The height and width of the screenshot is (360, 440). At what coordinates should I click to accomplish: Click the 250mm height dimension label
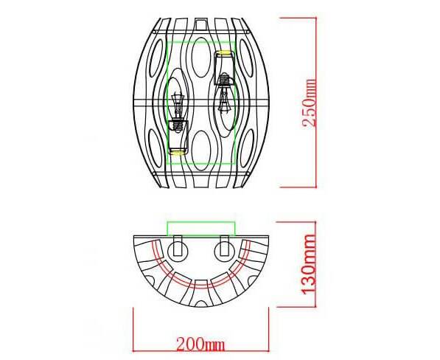point(310,103)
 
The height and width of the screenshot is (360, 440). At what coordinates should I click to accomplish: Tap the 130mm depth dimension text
point(310,264)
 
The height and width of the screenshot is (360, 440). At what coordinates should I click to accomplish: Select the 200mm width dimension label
point(200,344)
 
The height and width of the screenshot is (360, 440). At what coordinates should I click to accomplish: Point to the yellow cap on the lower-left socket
point(178,153)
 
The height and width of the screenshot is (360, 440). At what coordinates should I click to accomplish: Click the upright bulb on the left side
point(178,105)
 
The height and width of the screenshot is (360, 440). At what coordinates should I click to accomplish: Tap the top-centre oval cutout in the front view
point(200,57)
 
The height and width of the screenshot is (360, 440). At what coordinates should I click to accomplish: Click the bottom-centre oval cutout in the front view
point(200,150)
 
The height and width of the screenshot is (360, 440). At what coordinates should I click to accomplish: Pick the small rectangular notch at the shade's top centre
point(200,24)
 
